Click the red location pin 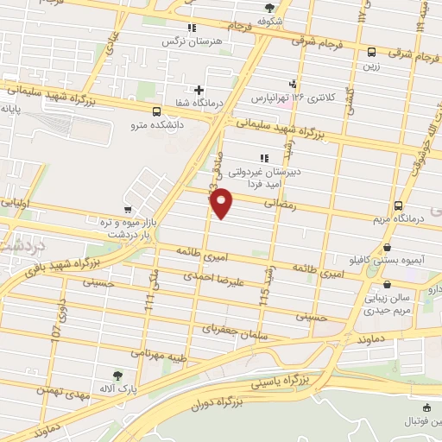(222, 202)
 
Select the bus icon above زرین (371, 52)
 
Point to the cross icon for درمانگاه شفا (199, 89)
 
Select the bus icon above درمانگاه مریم (397, 205)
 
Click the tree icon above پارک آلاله (118, 375)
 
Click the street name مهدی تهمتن (65, 390)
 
